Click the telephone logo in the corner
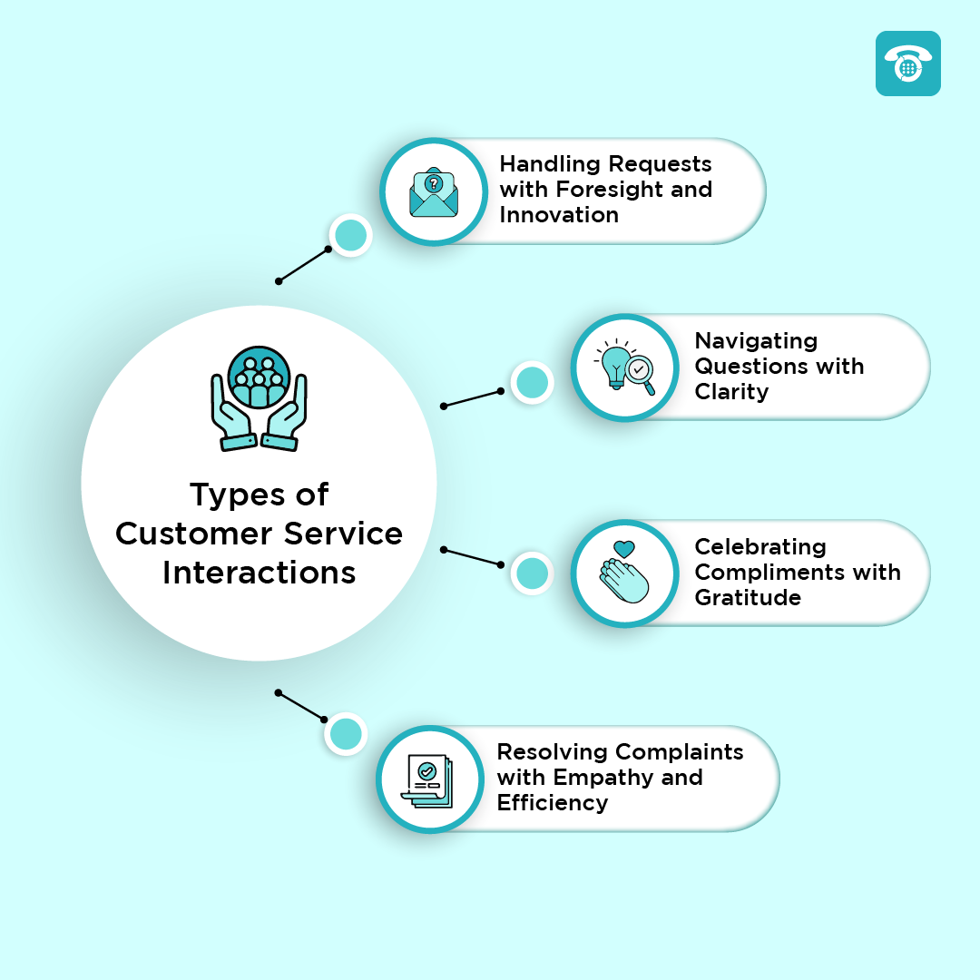tap(907, 64)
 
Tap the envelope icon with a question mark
tap(434, 191)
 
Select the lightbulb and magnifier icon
tap(625, 367)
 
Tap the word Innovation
tap(559, 215)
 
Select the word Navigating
tap(756, 341)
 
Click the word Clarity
tap(731, 392)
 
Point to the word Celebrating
tap(760, 547)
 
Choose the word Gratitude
tap(748, 598)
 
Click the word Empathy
tap(599, 778)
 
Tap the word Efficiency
tap(552, 803)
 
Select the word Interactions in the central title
tap(260, 573)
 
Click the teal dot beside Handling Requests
tap(351, 236)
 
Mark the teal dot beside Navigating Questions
tap(532, 382)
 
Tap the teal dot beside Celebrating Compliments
tap(532, 573)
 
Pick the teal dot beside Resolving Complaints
tap(346, 734)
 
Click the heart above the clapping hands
tap(623, 549)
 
